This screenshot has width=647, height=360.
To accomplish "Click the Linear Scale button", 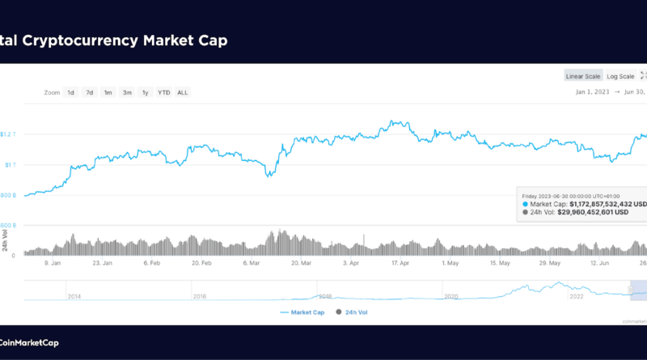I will pyautogui.click(x=583, y=76).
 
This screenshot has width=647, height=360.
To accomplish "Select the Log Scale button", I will pyautogui.click(x=620, y=76).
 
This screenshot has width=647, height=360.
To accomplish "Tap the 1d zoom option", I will pyautogui.click(x=71, y=92).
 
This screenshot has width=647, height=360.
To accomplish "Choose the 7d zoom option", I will pyautogui.click(x=90, y=92).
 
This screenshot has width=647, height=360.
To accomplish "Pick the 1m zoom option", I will pyautogui.click(x=108, y=92).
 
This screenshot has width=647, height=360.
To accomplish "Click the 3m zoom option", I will pyautogui.click(x=127, y=92).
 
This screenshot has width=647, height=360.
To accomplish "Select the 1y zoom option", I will pyautogui.click(x=146, y=92).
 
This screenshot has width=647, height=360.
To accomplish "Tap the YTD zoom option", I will pyautogui.click(x=164, y=92).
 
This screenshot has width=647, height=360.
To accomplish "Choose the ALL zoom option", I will pyautogui.click(x=183, y=92).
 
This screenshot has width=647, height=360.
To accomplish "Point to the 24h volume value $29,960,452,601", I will pyautogui.click(x=594, y=214).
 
